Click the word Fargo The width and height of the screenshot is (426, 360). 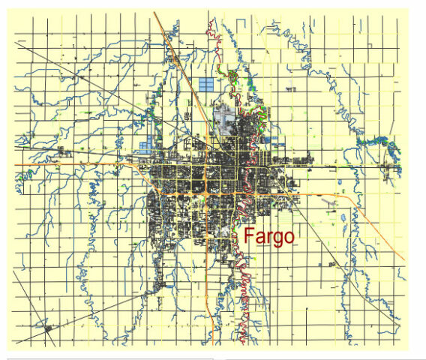(268, 236)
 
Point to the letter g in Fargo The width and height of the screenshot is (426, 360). (277, 238)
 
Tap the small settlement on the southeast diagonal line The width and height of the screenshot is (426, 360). (329, 264)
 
